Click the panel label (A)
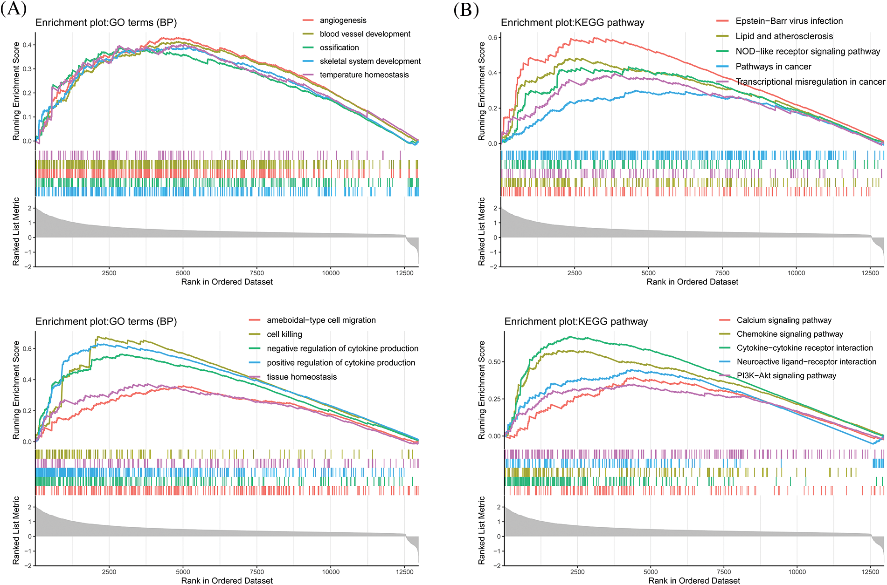13,9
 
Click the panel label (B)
466,9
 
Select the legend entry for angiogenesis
343,20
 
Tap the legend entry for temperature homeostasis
364,75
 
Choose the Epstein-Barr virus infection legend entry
789,21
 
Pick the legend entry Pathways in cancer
773,67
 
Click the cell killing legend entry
284,334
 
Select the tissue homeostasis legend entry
301,377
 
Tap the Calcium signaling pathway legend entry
784,320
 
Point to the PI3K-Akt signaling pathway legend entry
786,375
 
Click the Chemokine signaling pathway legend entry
790,334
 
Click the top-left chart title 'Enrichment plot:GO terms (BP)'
106,22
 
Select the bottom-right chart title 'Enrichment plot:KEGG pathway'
576,321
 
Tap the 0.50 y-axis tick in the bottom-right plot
494,362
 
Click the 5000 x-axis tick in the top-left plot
183,273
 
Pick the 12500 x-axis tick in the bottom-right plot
870,572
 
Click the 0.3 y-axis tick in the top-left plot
28,69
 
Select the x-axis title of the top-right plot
692,282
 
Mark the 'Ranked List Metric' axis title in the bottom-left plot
16,530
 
